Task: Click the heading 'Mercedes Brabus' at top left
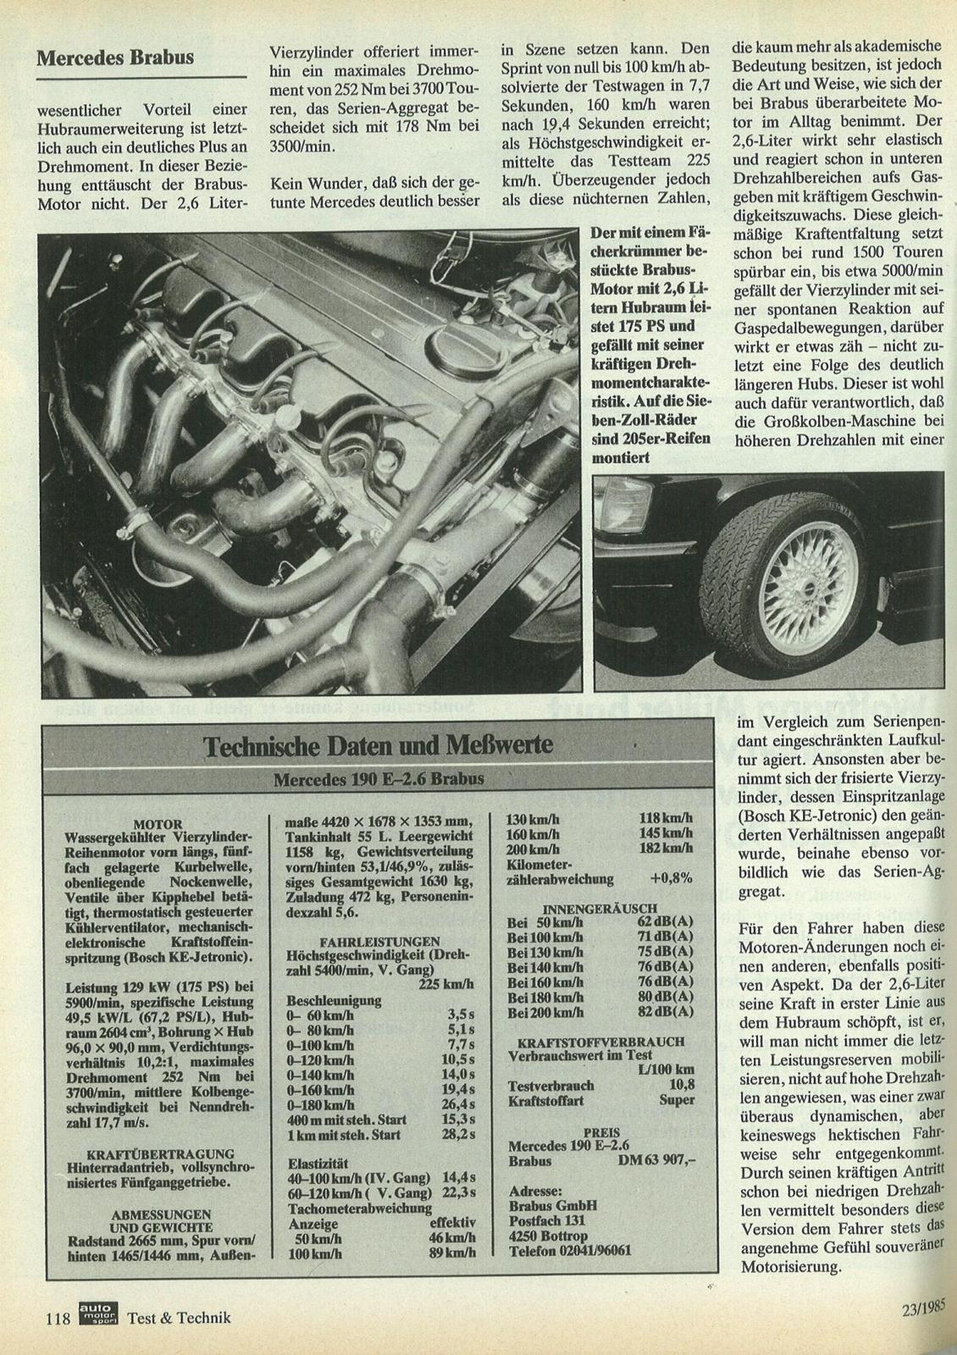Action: click(x=114, y=58)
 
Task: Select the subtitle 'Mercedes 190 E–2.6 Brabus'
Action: click(x=379, y=779)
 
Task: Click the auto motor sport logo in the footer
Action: click(x=98, y=1314)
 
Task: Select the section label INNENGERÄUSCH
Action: click(x=600, y=903)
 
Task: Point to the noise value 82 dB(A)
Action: click(x=667, y=1011)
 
